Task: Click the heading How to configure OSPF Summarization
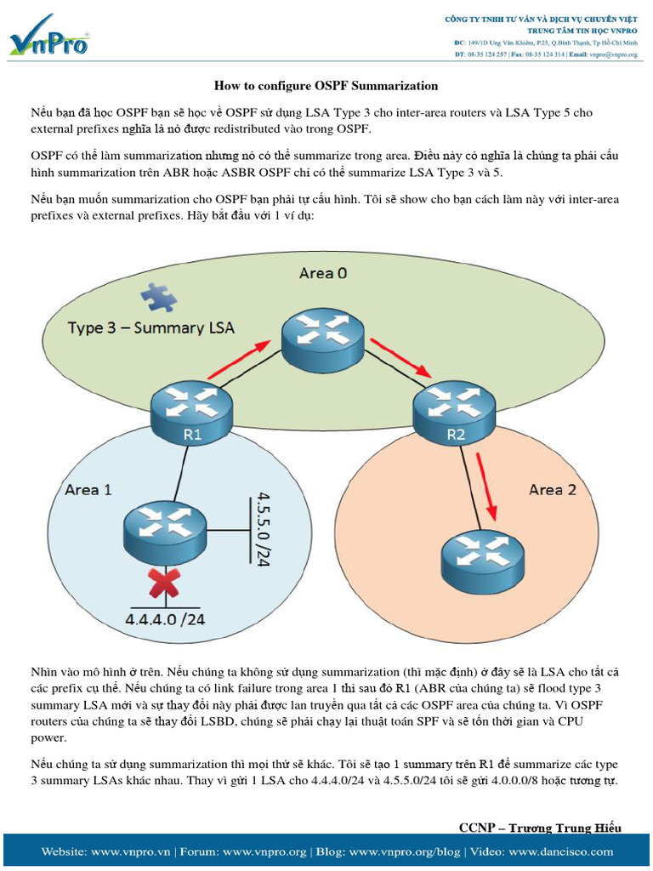point(326,85)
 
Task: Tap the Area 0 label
point(323,273)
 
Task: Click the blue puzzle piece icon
point(158,297)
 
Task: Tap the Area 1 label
point(88,489)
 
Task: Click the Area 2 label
point(552,489)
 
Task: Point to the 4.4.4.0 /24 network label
point(166,618)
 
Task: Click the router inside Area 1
point(165,531)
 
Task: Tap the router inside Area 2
point(481,561)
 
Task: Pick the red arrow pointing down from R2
point(488,486)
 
